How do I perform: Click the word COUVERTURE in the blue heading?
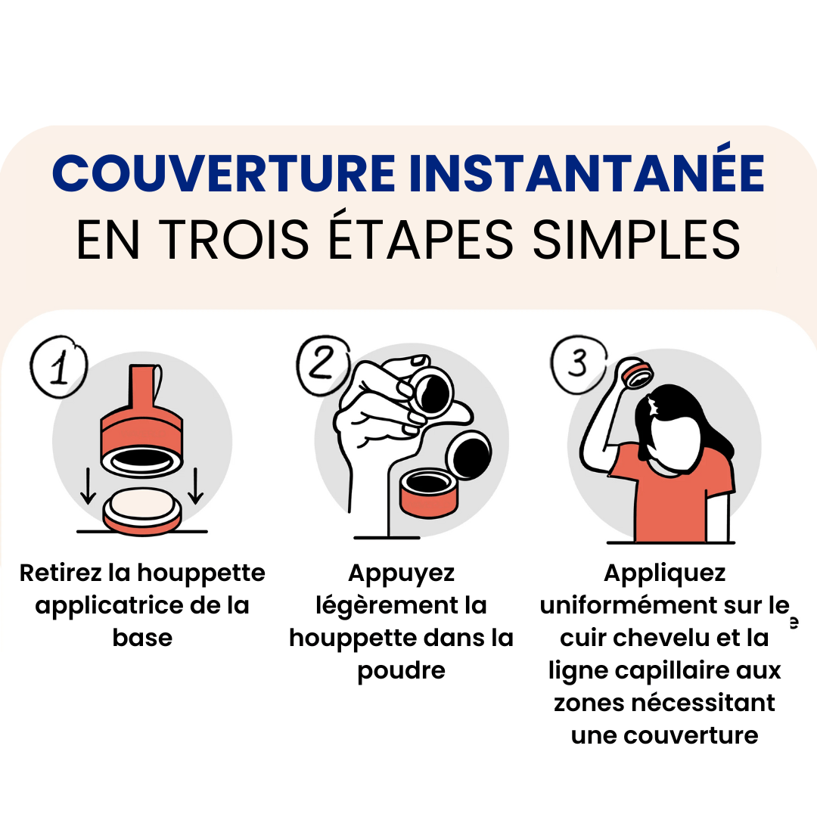(224, 173)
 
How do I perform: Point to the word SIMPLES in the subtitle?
(636, 239)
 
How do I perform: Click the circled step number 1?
(59, 366)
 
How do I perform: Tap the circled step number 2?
(323, 364)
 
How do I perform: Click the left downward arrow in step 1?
(88, 486)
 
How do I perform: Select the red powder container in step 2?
(429, 492)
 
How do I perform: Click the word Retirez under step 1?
(61, 573)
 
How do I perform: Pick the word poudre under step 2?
(401, 671)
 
